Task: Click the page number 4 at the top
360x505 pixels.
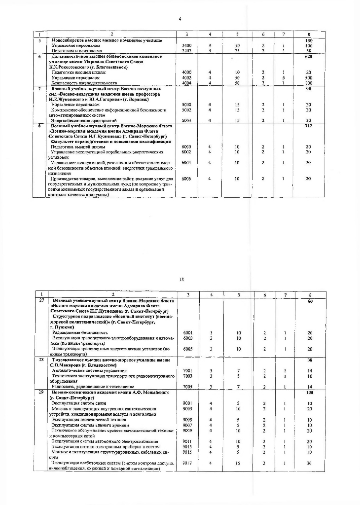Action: coord(180,19)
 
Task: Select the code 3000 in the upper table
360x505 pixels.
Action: coord(186,45)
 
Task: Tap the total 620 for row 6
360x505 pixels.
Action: coord(309,57)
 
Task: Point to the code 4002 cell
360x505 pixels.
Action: coord(186,77)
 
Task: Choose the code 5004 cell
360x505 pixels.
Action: coord(186,120)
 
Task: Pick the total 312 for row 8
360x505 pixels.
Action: coord(309,126)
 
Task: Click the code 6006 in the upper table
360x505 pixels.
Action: coord(186,179)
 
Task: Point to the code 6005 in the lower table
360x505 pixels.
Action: coord(187,349)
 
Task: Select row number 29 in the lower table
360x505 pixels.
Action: coord(41,392)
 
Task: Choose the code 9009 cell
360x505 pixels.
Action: coord(187,430)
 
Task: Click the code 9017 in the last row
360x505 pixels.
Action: coord(187,463)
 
